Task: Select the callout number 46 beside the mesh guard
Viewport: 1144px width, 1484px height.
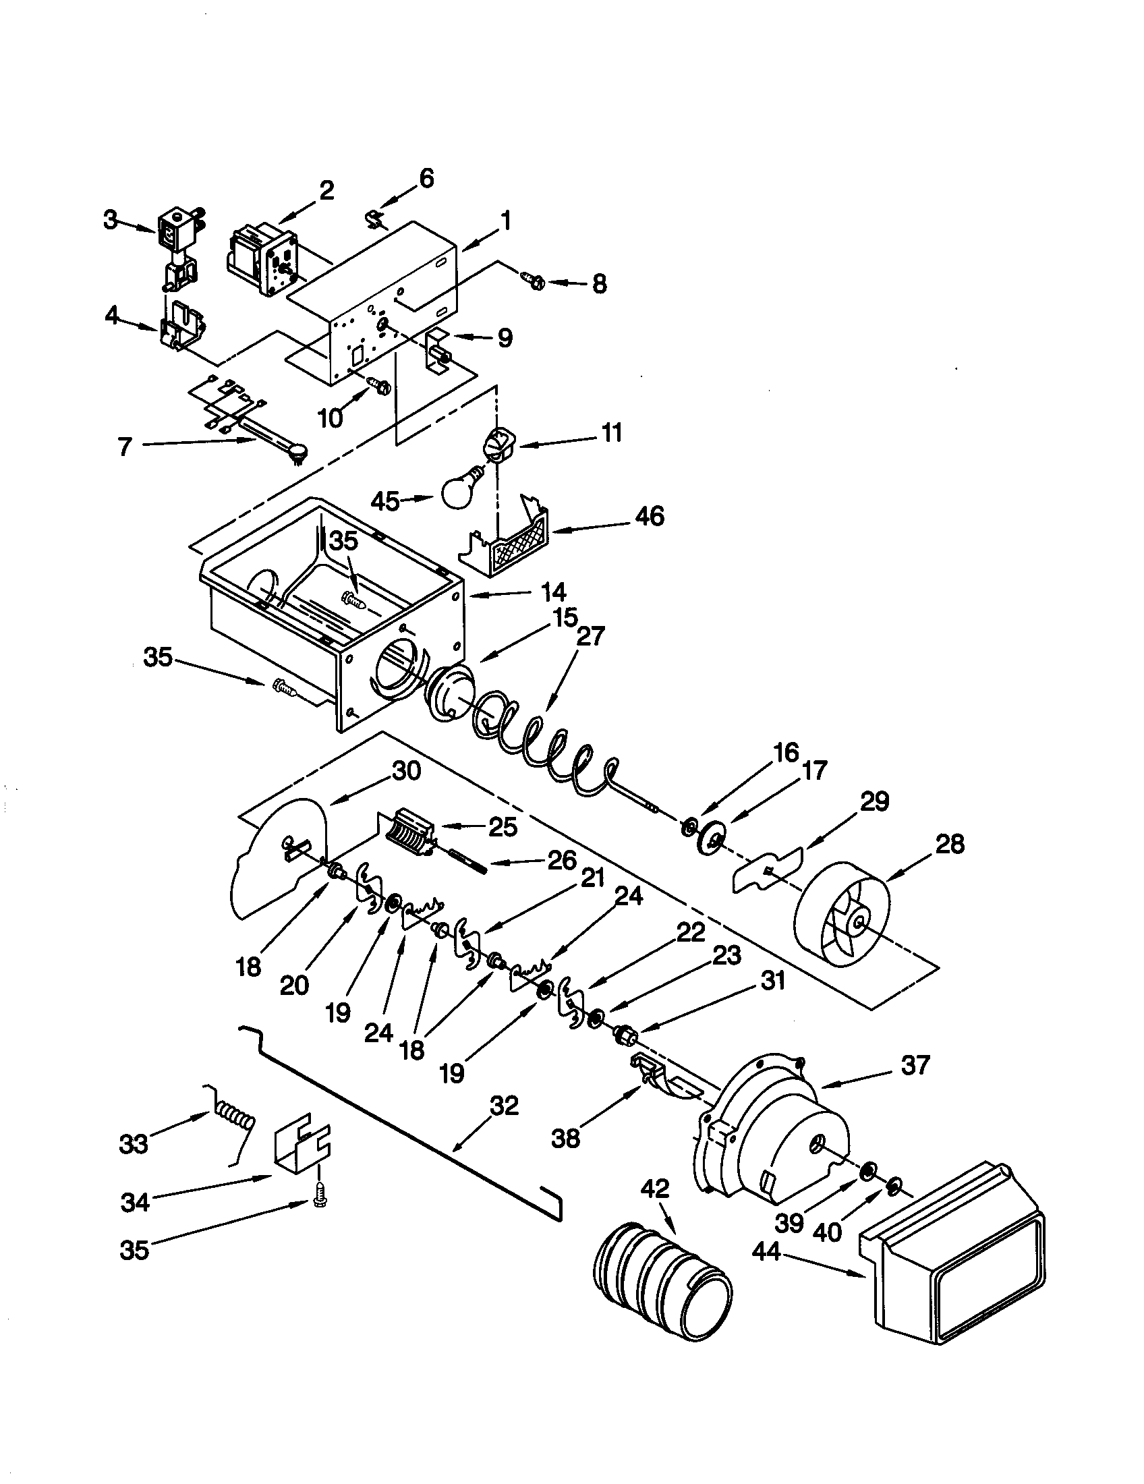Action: tap(650, 516)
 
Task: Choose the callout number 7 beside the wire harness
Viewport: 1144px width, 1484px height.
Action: tap(123, 447)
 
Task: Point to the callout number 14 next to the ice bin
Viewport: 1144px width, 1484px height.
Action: tap(554, 592)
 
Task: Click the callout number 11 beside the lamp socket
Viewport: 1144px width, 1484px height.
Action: tap(612, 432)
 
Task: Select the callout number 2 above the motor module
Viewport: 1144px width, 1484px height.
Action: tap(326, 190)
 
